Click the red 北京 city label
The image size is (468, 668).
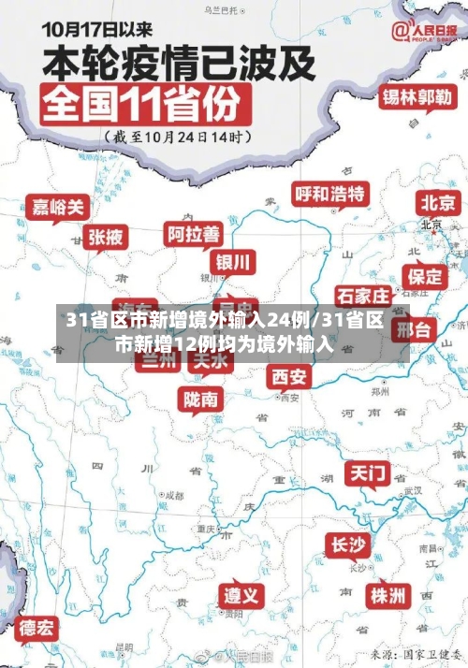point(438,202)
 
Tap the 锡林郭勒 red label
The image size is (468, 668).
point(417,98)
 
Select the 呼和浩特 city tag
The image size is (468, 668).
point(330,195)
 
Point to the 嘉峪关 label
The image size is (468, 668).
point(56,207)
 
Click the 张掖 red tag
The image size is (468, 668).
point(106,238)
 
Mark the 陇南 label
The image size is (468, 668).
point(201,399)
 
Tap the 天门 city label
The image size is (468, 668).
point(368,473)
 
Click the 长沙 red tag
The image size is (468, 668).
point(348,545)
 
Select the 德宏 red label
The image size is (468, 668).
point(37,627)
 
